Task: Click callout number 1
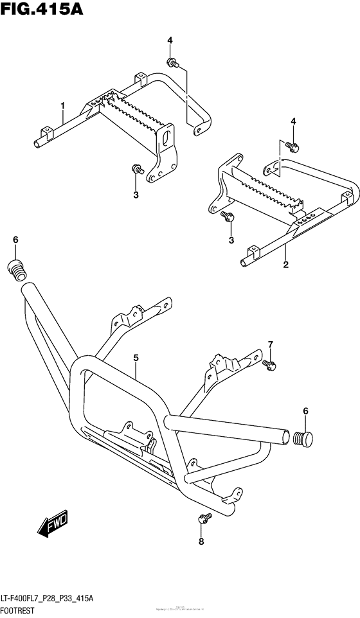63,105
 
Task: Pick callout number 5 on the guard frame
136,357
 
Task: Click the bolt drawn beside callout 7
269,365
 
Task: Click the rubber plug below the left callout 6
15,269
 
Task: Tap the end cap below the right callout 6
302,439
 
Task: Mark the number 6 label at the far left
15,240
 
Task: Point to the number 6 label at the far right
305,411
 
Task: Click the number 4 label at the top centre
170,40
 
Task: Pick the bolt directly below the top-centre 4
172,62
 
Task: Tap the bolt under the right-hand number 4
292,146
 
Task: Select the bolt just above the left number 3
136,170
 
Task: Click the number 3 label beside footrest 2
231,240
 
